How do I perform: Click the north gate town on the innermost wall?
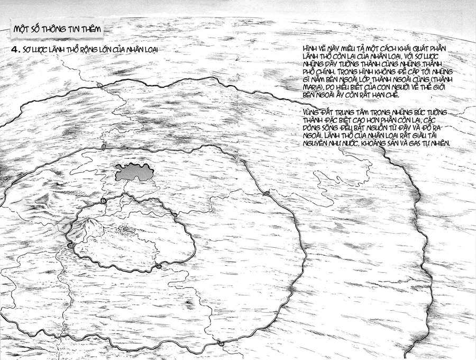coord(102,203)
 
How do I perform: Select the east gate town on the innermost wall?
coord(174,215)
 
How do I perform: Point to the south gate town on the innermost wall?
coord(157,266)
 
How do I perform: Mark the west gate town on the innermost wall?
coord(70,245)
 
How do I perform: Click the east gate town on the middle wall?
coord(268,194)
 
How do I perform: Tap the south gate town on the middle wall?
coord(221,345)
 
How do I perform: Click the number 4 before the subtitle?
coord(16,50)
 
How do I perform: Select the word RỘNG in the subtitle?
coord(82,50)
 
